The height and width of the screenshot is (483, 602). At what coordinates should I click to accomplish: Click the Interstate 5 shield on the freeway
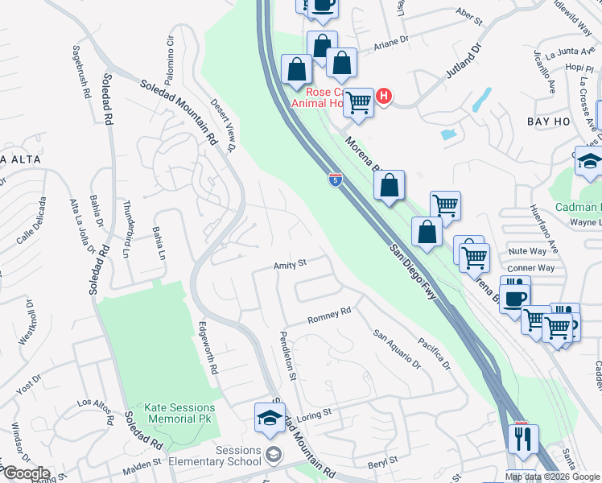(335, 179)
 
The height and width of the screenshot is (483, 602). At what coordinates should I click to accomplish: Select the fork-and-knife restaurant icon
(525, 439)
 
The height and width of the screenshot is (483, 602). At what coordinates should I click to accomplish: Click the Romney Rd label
(330, 316)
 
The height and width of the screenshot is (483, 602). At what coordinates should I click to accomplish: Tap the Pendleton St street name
(288, 355)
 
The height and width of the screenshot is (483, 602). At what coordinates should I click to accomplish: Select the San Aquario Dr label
(397, 348)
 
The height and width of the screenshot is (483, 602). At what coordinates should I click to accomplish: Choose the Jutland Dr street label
(464, 60)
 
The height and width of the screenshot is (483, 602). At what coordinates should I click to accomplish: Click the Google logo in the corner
(26, 473)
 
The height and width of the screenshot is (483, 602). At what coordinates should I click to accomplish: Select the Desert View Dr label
(223, 125)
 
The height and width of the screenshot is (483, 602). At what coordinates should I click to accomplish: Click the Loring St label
(314, 414)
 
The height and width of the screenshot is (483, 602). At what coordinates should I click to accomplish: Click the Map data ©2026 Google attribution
(552, 477)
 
